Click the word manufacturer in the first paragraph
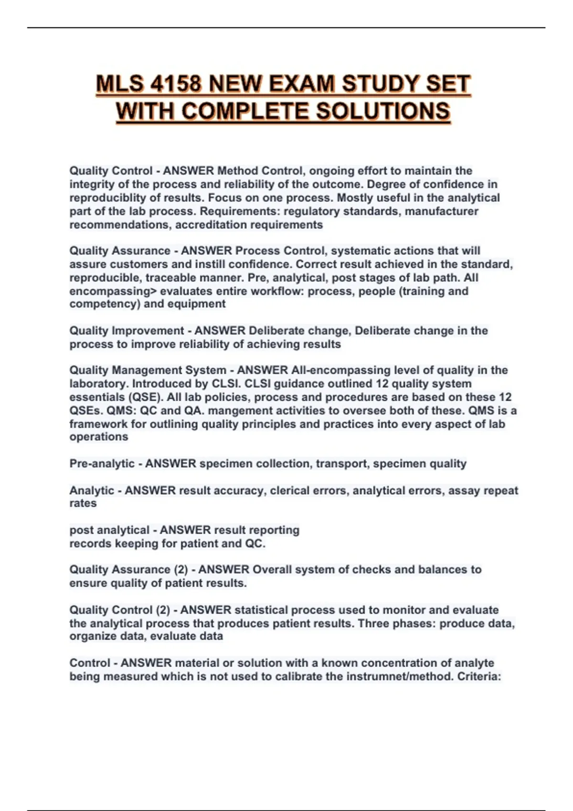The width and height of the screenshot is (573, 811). click(x=442, y=211)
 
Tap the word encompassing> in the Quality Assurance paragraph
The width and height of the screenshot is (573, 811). click(x=113, y=291)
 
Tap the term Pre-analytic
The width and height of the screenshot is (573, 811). click(x=102, y=464)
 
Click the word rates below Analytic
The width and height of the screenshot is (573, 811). click(x=83, y=503)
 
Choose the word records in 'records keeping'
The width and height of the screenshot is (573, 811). click(x=90, y=543)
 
